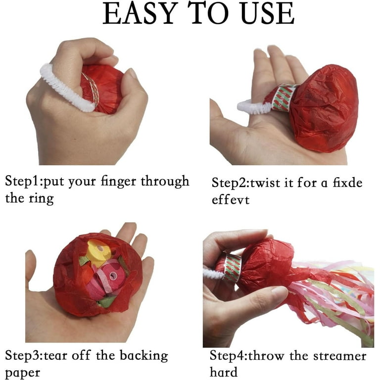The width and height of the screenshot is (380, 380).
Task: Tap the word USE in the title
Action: [268, 13]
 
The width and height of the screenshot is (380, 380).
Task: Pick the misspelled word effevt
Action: [231, 200]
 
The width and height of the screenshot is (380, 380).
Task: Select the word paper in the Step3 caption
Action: [23, 373]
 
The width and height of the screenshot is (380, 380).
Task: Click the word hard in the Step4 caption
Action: [224, 372]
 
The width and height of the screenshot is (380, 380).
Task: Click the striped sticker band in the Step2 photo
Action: [284, 98]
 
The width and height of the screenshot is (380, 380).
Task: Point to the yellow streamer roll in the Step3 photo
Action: [99, 252]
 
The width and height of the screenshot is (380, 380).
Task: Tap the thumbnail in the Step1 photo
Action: [131, 73]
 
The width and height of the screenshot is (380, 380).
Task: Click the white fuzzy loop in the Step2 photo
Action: [253, 107]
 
